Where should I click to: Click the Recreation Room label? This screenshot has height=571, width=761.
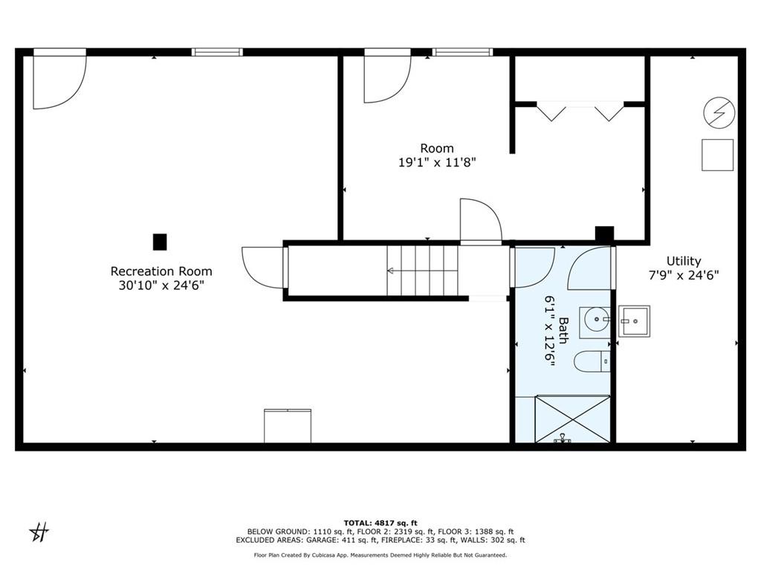coord(161,271)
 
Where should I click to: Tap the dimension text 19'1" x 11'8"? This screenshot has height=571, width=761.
coord(437,162)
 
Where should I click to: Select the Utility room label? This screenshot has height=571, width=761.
coord(684,261)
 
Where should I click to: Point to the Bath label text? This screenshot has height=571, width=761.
coord(563,330)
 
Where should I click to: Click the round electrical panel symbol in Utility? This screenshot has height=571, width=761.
coord(719,113)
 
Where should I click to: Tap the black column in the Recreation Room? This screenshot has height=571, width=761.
coord(160,242)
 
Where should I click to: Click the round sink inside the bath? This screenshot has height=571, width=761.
coord(595,320)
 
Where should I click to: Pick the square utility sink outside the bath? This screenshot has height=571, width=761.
coord(634,321)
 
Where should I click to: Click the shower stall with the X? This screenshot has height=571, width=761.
coord(572,419)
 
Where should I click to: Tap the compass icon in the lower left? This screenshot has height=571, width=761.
coord(39,532)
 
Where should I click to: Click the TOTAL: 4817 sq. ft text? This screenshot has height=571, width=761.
coord(380,523)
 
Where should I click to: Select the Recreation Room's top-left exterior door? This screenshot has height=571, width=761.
coord(59,79)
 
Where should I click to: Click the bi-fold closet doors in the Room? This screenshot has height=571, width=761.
coord(580,112)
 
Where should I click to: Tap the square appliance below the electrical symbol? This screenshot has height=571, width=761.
coord(717,155)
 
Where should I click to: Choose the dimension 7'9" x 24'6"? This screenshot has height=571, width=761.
coord(684,275)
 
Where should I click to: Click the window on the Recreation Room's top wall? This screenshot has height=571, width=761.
coord(217,52)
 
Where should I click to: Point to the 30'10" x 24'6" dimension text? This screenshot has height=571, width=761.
coord(161,285)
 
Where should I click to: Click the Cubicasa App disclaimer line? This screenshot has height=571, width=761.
coord(380,555)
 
